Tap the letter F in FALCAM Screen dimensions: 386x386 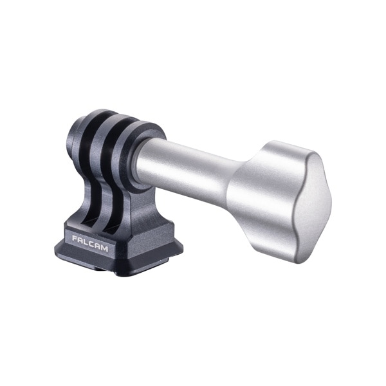tap(75, 238)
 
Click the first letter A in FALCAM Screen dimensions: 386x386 tap(80, 240)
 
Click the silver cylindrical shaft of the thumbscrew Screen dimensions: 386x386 tap(185, 170)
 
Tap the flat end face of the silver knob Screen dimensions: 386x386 tap(313, 207)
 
